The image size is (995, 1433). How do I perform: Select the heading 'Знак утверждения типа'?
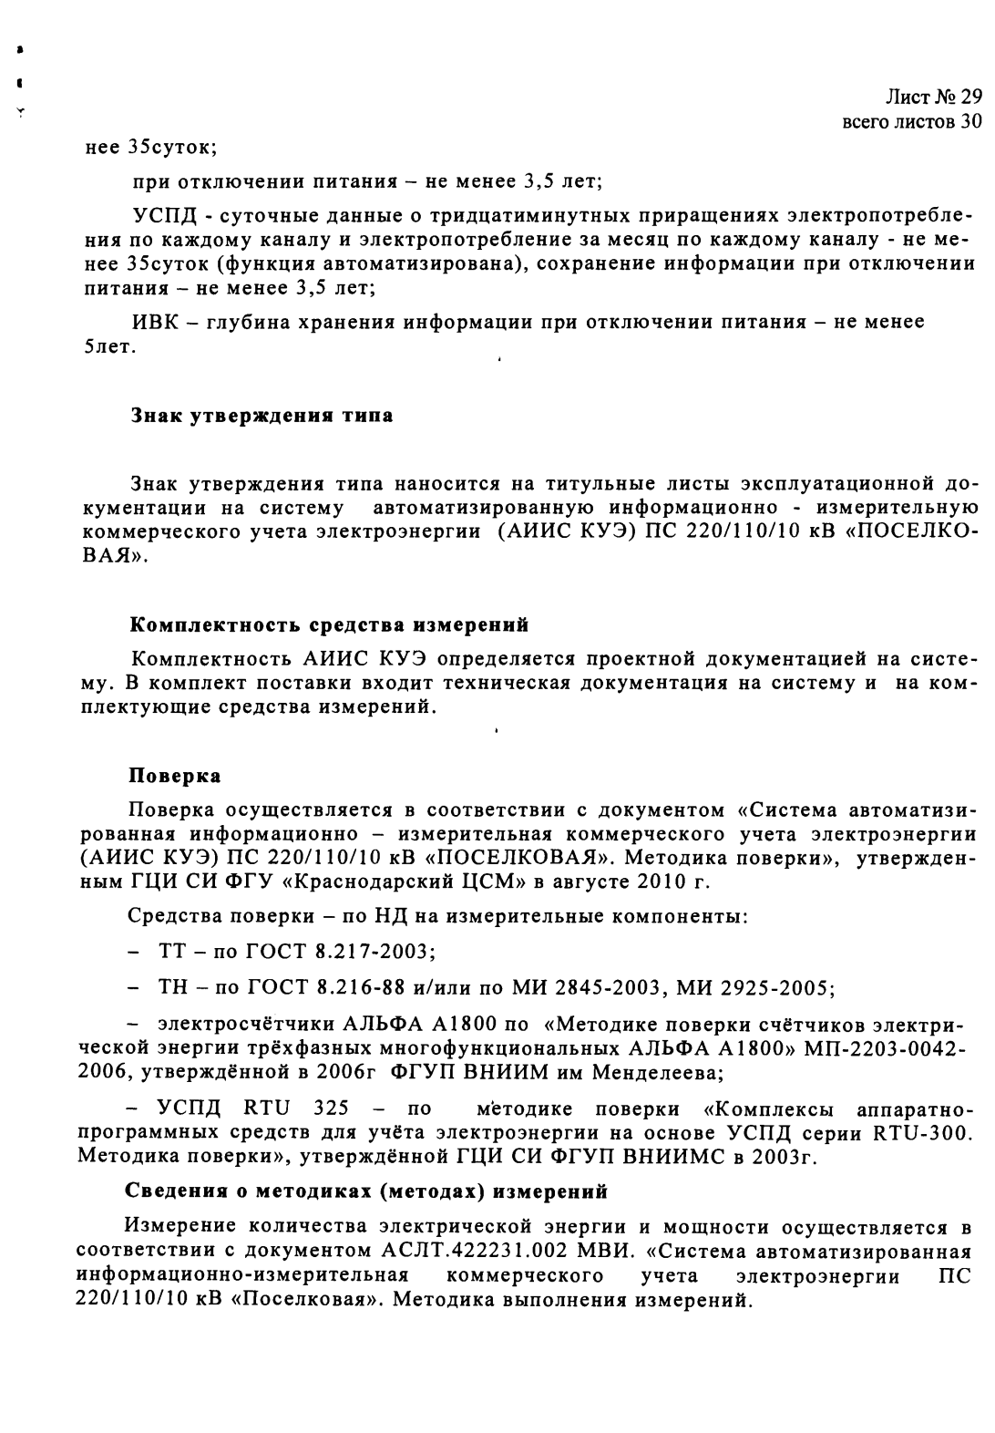click(x=262, y=416)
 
